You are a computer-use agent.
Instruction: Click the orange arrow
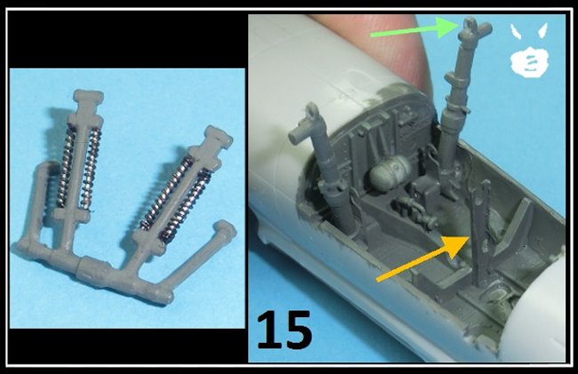[421, 259]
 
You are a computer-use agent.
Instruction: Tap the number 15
[285, 330]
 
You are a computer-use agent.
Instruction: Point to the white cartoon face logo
[529, 50]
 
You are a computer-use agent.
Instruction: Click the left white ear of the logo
[517, 32]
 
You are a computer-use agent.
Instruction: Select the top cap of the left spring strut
[88, 97]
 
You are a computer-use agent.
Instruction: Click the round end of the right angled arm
[225, 229]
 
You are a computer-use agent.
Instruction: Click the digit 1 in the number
[268, 330]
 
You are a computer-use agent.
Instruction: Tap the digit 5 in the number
[298, 330]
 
